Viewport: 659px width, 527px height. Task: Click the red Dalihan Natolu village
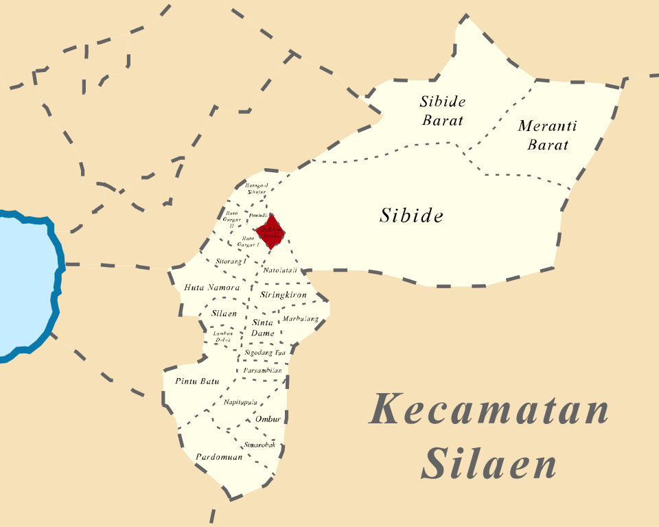point(270,230)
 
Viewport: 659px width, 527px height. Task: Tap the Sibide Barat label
point(442,111)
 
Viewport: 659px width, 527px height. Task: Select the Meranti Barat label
point(547,135)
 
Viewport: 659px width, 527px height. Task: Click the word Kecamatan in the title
point(489,410)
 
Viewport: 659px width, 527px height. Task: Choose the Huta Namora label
point(211,288)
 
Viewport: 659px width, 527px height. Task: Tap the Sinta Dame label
point(263,327)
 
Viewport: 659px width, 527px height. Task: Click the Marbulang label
point(301,319)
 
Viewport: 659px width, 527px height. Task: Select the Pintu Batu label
point(197,381)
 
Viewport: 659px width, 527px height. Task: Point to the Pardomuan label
point(219,456)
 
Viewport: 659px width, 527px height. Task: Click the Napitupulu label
point(240,401)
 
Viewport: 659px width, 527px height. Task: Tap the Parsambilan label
point(262,371)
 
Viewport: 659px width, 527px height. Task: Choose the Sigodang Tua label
point(265,353)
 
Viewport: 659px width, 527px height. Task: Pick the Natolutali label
point(280,270)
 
